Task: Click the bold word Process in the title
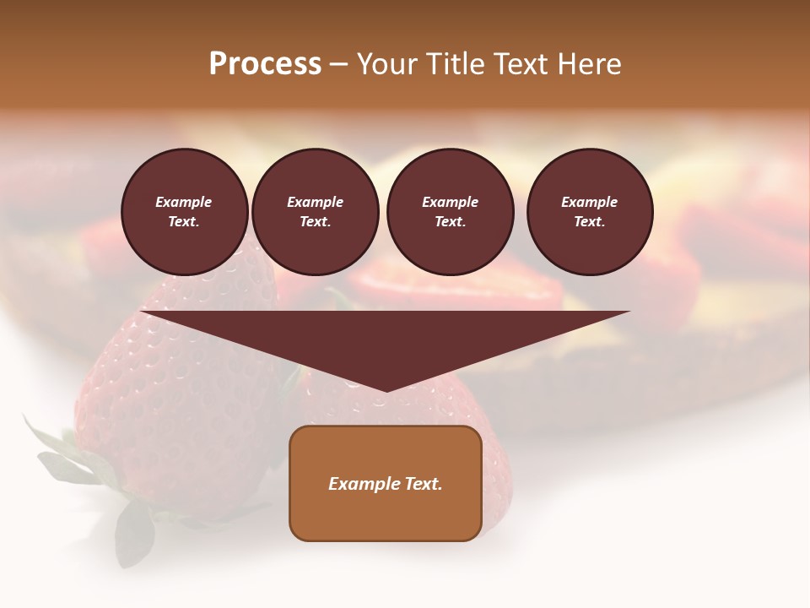pyautogui.click(x=265, y=64)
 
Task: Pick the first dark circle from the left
pyautogui.click(x=184, y=211)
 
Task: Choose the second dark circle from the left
pyautogui.click(x=315, y=211)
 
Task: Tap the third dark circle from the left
pyautogui.click(x=450, y=211)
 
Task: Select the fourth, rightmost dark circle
pyautogui.click(x=589, y=211)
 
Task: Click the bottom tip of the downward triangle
pyautogui.click(x=386, y=389)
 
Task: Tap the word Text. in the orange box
pyautogui.click(x=421, y=484)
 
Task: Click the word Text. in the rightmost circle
pyautogui.click(x=589, y=222)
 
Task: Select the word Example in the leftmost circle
pyautogui.click(x=184, y=202)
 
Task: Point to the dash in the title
pyautogui.click(x=339, y=64)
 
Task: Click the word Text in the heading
pyautogui.click(x=520, y=64)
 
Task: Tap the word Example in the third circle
pyautogui.click(x=450, y=202)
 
